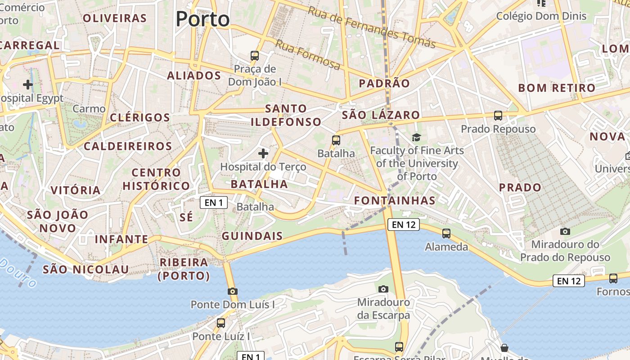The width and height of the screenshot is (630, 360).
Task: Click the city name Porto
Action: [202, 19]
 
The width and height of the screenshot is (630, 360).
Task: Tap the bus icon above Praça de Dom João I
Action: [255, 56]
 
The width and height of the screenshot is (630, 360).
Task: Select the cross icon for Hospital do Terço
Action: [263, 153]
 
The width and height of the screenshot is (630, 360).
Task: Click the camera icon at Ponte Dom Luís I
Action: [233, 291]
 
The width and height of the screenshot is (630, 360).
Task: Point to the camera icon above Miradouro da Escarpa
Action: [383, 288]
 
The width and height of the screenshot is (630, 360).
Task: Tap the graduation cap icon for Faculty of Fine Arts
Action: [417, 137]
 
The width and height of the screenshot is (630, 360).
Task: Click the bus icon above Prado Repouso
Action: [498, 115]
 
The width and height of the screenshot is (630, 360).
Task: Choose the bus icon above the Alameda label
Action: [446, 233]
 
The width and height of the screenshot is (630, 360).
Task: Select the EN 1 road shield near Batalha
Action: [214, 202]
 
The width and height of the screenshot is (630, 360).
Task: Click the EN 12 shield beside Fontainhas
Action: [403, 225]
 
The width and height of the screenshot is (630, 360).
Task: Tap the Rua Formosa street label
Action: [308, 54]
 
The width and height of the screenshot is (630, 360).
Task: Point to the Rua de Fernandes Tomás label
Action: [372, 27]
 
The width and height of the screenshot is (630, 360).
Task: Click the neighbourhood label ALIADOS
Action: [194, 76]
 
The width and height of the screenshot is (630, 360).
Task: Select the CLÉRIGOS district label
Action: [140, 118]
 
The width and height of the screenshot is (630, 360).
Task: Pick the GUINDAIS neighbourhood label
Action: [252, 236]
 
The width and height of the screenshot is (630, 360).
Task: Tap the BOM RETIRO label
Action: [557, 88]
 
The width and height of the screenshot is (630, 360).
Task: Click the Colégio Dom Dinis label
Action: [541, 16]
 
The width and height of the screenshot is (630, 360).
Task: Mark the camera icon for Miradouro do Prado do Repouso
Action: [565, 231]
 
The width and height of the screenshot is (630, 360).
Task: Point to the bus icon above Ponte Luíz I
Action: [221, 323]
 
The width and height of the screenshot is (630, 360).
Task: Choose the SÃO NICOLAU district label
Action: [86, 270]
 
